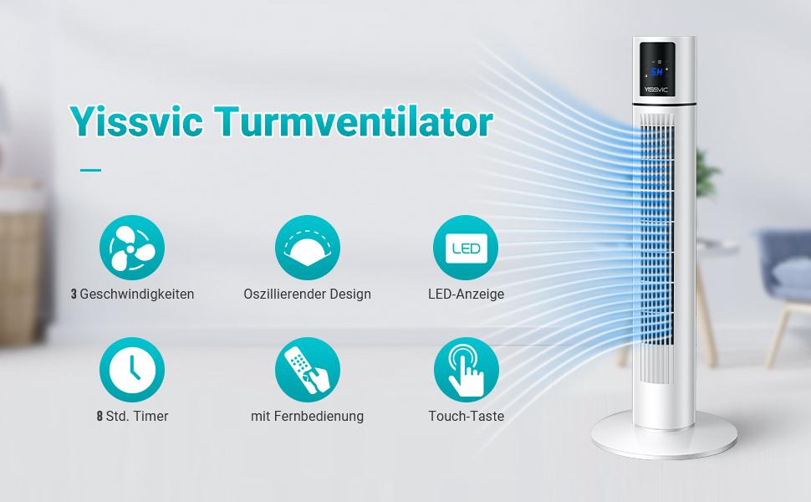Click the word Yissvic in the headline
click(136, 121)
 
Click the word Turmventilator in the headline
click(354, 121)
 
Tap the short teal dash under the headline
click(90, 170)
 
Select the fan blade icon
click(132, 248)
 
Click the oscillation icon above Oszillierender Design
click(307, 248)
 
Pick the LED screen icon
click(466, 248)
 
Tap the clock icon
click(132, 370)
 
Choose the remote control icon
click(307, 370)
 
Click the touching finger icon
click(466, 370)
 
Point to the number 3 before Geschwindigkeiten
click(74, 294)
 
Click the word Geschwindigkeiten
click(137, 295)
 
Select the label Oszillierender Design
click(307, 295)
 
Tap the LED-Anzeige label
click(466, 295)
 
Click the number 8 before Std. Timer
click(99, 416)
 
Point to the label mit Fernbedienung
click(307, 416)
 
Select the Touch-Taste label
click(466, 416)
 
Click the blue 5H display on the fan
click(656, 71)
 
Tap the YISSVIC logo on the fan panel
click(657, 90)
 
